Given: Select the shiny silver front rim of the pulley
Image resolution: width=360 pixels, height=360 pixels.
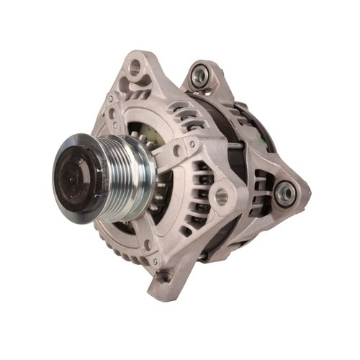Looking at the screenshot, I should click(x=86, y=205).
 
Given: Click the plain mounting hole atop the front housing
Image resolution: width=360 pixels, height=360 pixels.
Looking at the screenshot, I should click(x=135, y=69).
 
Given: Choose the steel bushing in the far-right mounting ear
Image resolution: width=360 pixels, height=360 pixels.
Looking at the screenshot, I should click(x=284, y=191).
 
